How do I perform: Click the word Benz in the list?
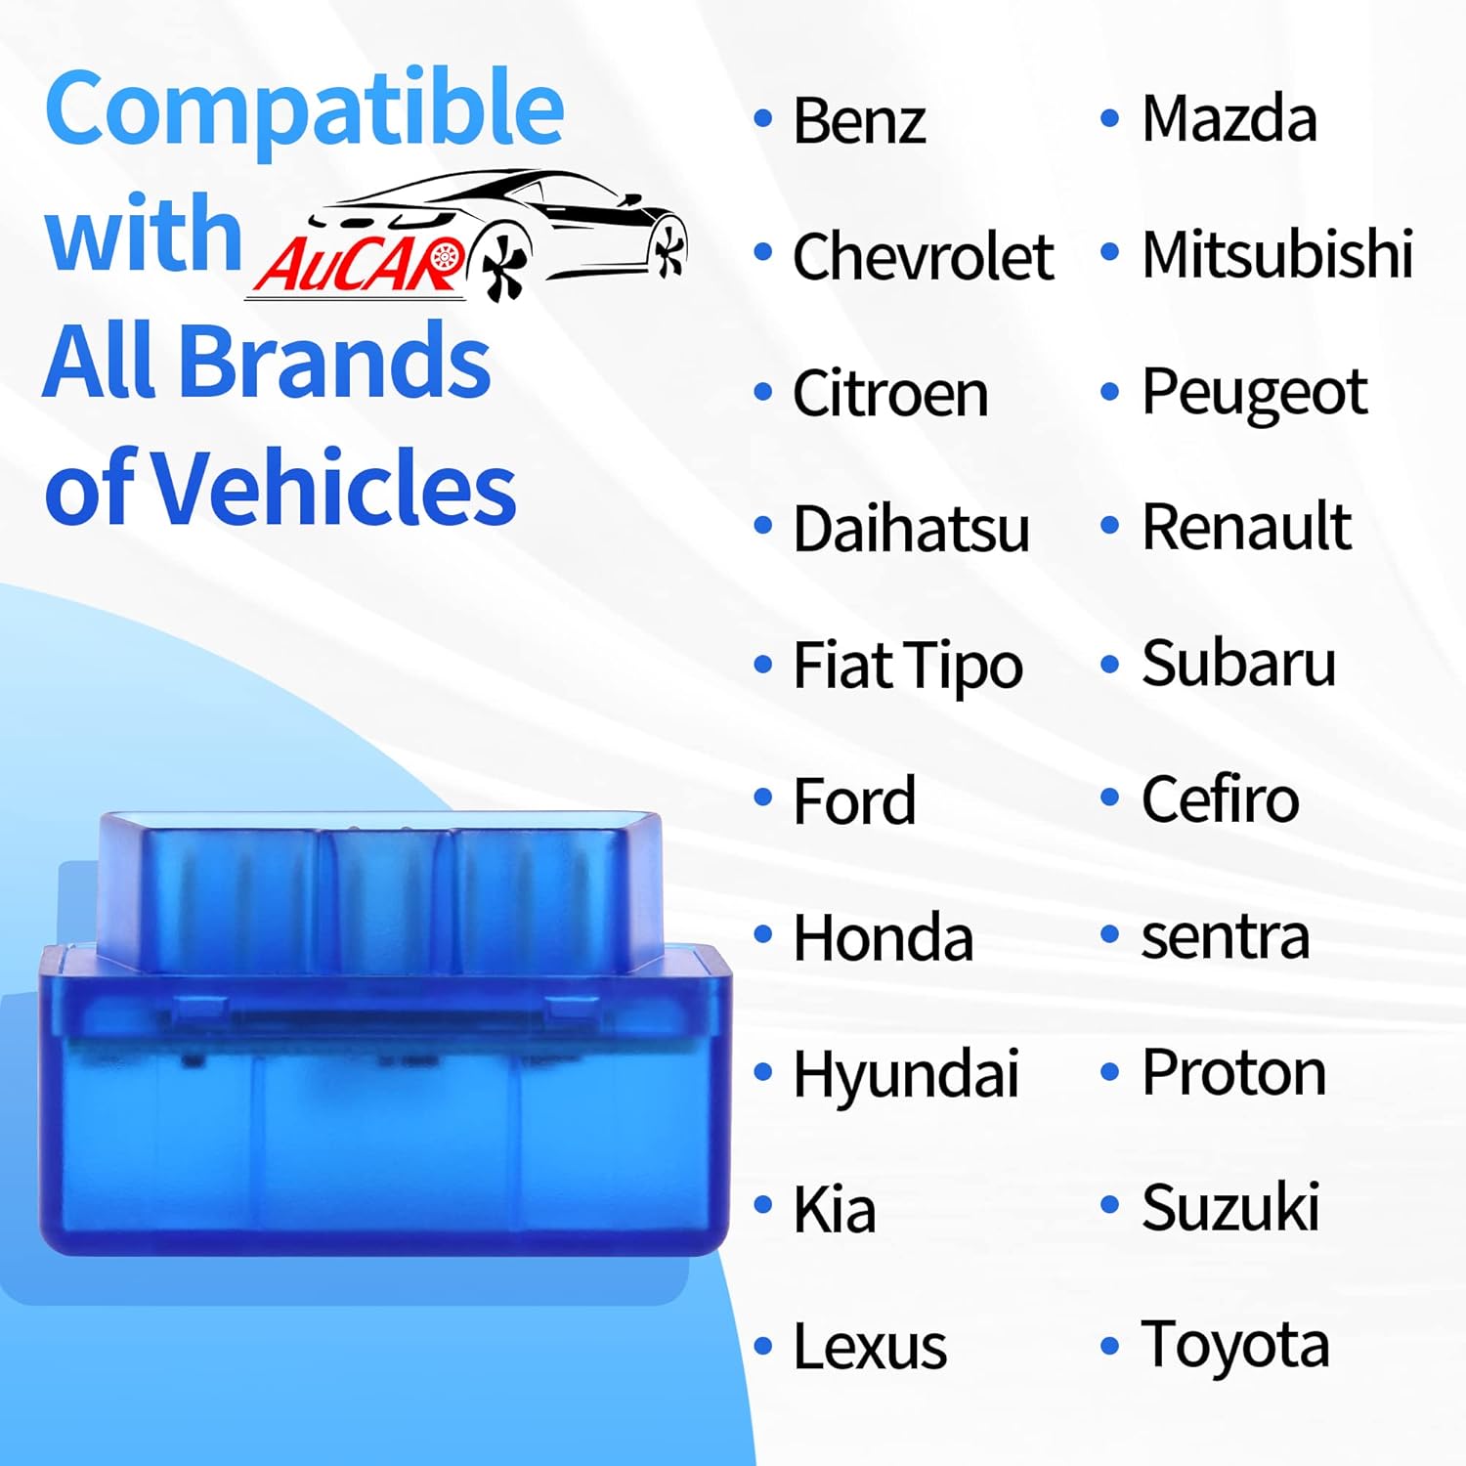click(x=859, y=120)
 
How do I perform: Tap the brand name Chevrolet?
click(x=923, y=256)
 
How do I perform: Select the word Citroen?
click(x=890, y=393)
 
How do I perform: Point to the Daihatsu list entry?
click(x=911, y=529)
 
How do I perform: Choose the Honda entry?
click(x=883, y=937)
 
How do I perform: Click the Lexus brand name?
click(x=870, y=1346)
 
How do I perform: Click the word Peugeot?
click(x=1254, y=394)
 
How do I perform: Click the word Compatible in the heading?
click(x=304, y=110)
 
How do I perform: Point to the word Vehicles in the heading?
click(x=335, y=486)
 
